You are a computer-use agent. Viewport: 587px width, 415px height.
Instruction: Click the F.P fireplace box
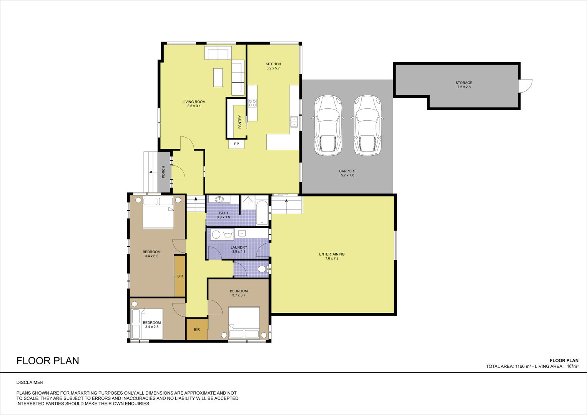tap(236, 144)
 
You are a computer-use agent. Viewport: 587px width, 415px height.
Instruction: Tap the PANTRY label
tap(239, 122)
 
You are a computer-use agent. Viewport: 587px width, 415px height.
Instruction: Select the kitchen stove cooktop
tap(252, 103)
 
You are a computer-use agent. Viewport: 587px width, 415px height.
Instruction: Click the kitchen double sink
tap(294, 122)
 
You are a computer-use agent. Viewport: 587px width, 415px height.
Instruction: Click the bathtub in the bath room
tap(262, 213)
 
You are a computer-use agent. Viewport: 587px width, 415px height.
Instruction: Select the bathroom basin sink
tap(219, 199)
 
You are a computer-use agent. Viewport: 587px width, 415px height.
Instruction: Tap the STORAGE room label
tap(464, 83)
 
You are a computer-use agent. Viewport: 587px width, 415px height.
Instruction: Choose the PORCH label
tap(163, 172)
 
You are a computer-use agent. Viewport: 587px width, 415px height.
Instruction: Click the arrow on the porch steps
tap(151, 172)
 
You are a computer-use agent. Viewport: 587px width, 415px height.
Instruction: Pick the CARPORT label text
tap(348, 171)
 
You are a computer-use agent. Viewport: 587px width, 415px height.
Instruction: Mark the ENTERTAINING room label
tap(332, 254)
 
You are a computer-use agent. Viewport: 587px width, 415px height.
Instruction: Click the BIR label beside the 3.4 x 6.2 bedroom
tap(180, 276)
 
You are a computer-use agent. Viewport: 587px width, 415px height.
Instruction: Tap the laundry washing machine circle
tap(216, 234)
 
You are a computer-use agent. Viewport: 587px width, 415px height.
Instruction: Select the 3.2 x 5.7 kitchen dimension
tap(273, 68)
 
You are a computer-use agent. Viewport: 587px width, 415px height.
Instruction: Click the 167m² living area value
tap(573, 366)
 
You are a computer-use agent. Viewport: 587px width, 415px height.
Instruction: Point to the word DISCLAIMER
tap(30, 382)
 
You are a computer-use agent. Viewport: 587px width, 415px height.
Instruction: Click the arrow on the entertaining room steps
tap(286, 201)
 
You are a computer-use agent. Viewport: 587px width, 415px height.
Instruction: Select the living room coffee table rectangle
tap(218, 78)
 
